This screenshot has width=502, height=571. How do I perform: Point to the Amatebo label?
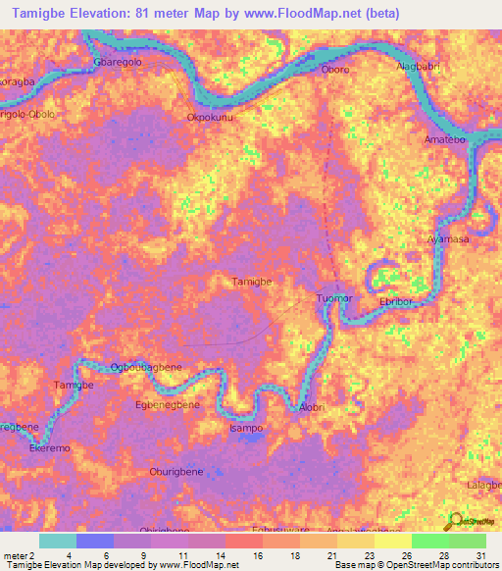(444, 141)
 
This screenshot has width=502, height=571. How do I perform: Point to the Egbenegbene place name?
(167, 404)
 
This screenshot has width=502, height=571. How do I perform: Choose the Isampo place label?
(246, 429)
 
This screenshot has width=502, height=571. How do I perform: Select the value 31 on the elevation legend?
(481, 555)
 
